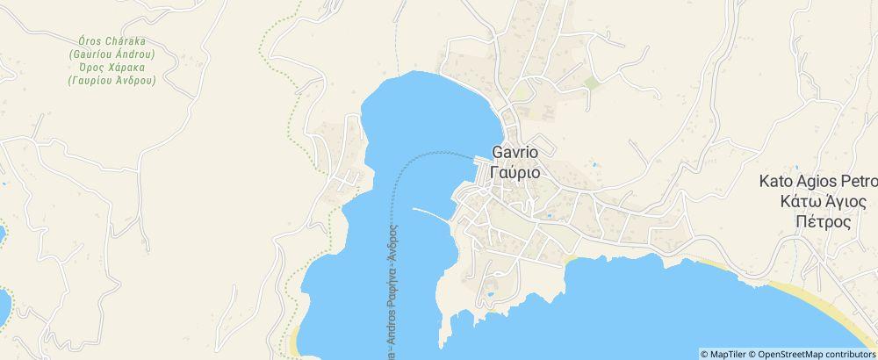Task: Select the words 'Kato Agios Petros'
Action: (818, 183)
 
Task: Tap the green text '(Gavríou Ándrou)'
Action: (112, 54)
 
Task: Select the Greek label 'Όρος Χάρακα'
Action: (112, 68)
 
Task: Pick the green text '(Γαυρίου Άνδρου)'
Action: (112, 80)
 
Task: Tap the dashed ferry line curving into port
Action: (413, 160)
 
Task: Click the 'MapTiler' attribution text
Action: (723, 354)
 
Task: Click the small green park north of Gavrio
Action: (592, 83)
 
